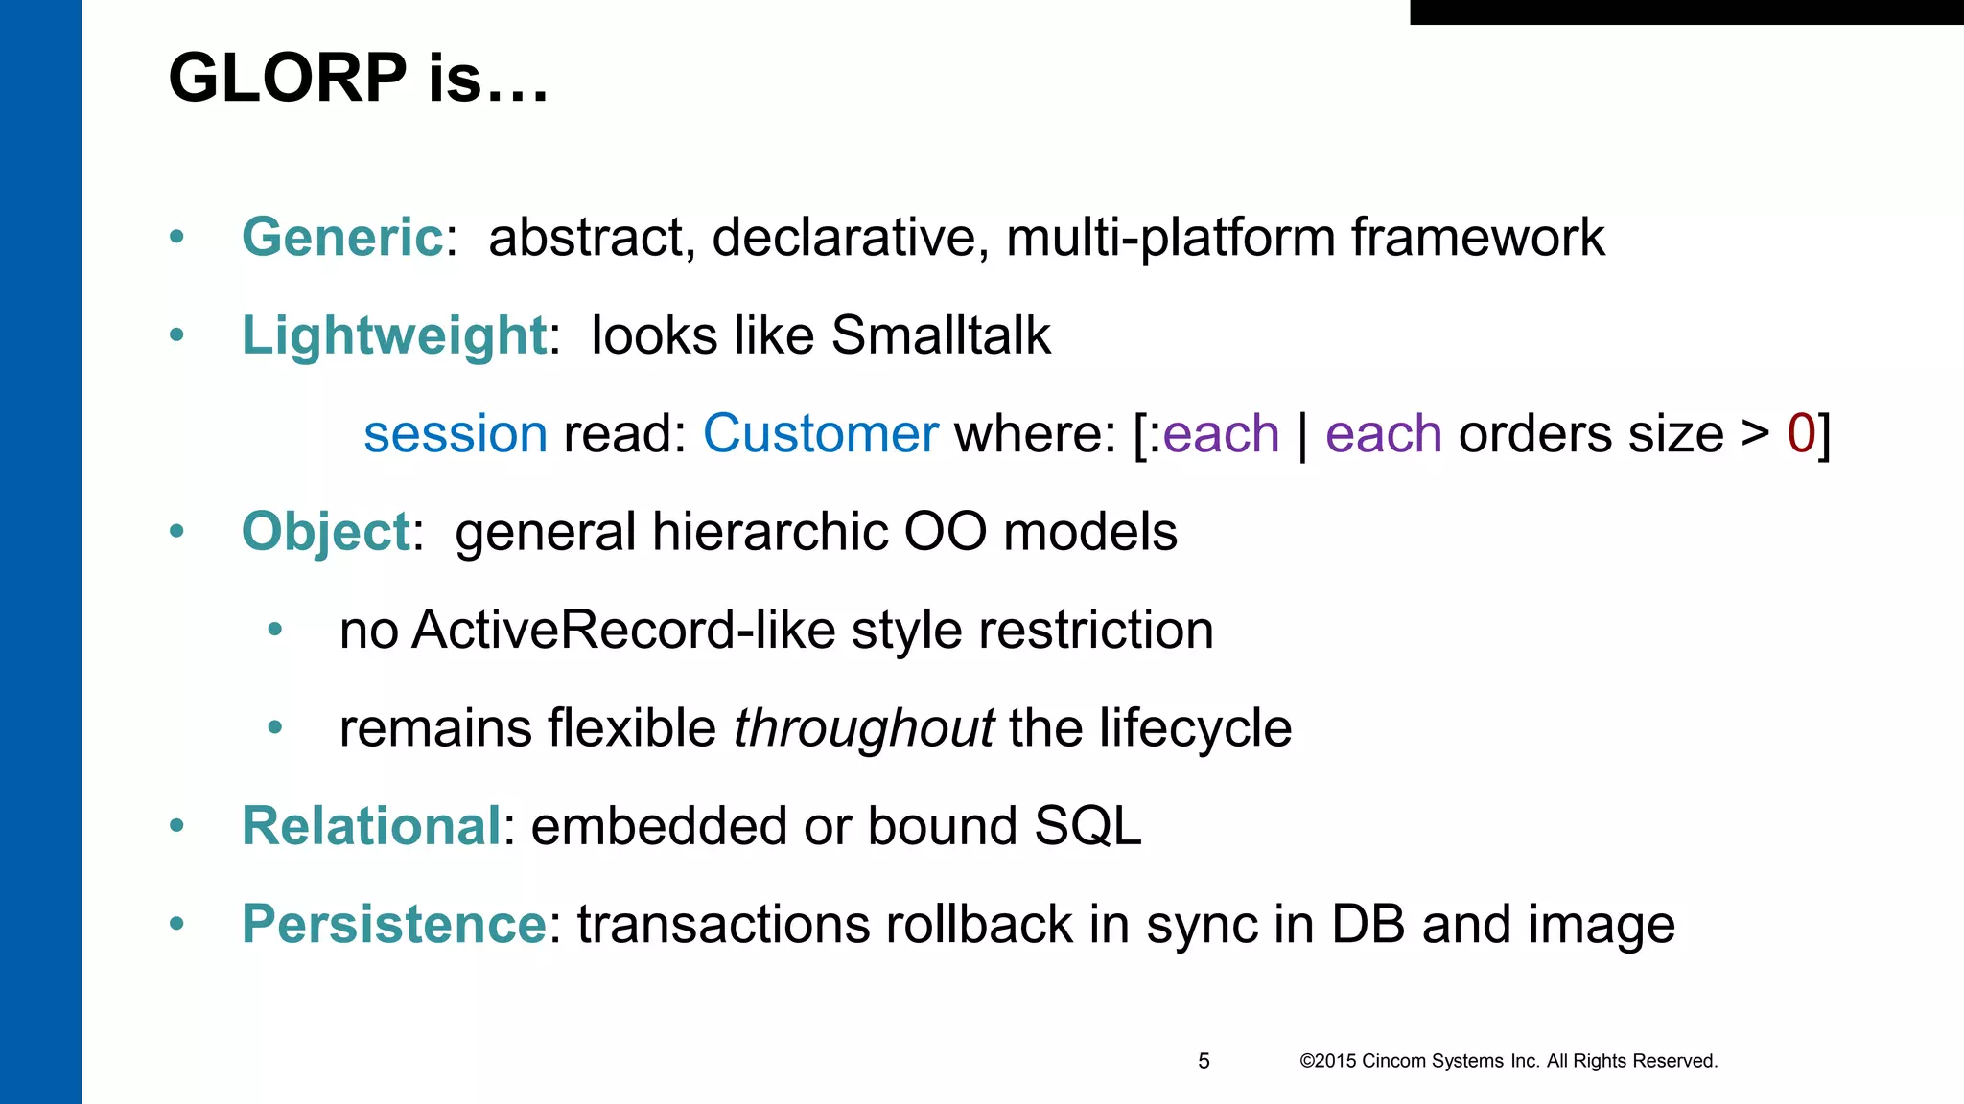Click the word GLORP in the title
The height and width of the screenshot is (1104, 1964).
coord(288,79)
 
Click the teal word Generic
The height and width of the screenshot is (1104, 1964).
coord(341,237)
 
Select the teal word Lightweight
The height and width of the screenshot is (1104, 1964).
coord(393,335)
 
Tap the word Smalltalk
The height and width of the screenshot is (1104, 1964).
coord(940,335)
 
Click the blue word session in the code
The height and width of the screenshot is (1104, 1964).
coord(456,434)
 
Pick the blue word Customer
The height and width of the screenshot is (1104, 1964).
coord(820,434)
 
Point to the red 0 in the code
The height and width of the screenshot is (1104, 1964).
coord(1801,434)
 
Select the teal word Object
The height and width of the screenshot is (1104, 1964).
coord(326,532)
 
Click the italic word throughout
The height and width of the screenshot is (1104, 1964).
coord(863,728)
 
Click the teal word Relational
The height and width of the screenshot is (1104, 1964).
coord(370,826)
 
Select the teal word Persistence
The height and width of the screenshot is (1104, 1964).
coord(393,925)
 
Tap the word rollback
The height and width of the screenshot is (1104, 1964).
coord(978,925)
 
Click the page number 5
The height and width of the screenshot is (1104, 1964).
coord(1204,1061)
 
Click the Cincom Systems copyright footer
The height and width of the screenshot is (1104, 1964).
coord(1508,1061)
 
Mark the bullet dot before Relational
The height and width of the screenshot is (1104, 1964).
coord(176,826)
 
